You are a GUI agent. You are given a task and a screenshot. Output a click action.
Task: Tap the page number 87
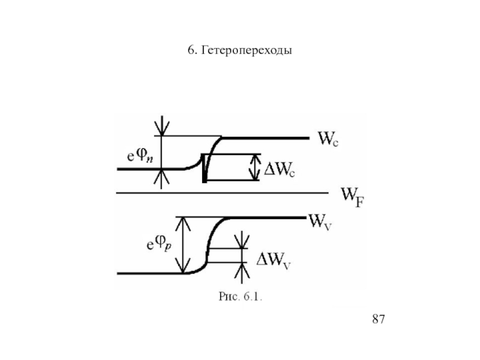click(378, 319)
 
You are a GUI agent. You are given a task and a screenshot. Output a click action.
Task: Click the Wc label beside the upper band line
click(326, 140)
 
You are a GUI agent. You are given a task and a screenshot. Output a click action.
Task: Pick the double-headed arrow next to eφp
click(182, 245)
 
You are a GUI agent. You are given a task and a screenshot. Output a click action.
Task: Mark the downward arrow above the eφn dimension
click(161, 125)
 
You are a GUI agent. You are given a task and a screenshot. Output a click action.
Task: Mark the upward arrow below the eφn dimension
click(161, 178)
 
